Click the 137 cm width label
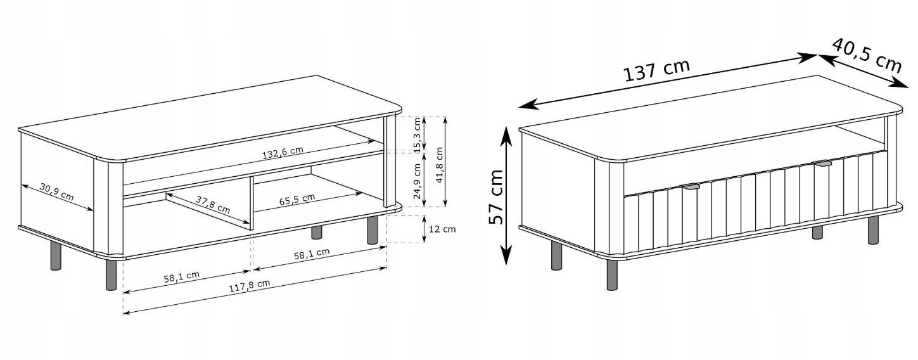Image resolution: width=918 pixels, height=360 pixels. (656, 70)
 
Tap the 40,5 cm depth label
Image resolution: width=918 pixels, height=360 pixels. (867, 55)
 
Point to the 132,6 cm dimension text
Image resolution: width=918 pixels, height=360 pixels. (283, 152)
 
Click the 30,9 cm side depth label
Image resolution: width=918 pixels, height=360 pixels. (56, 191)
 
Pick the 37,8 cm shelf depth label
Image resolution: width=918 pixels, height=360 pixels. (213, 204)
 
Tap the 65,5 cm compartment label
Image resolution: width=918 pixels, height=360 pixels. (297, 200)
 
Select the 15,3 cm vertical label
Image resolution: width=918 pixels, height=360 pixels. (418, 135)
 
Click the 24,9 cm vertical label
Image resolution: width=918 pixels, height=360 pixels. (418, 181)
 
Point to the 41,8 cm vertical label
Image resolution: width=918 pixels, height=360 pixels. (439, 164)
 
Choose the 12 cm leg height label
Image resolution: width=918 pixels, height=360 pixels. (442, 229)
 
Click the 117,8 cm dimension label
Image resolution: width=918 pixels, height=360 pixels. (249, 286)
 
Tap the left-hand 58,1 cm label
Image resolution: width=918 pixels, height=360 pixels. (182, 277)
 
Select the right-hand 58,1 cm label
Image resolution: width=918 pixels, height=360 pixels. (312, 254)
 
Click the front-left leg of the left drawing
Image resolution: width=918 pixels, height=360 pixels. (111, 274)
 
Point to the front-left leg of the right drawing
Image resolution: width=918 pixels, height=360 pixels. (612, 274)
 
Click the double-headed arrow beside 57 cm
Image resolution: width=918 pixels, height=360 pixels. (507, 195)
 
